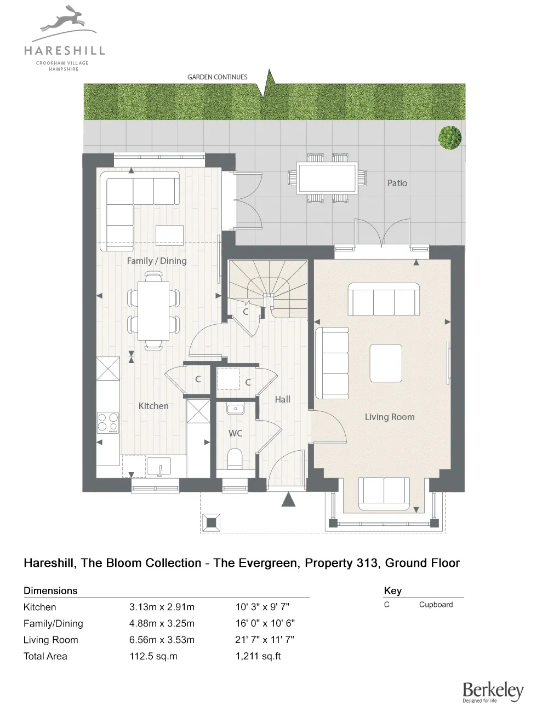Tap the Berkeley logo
[493, 691]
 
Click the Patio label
[397, 183]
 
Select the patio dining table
[327, 178]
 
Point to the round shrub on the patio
[450, 137]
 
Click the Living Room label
[390, 417]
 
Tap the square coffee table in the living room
[386, 363]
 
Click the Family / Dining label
[157, 261]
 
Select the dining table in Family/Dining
[153, 311]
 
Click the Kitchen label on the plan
[153, 406]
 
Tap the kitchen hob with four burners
[108, 423]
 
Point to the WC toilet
[235, 458]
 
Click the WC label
[235, 433]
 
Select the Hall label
[283, 399]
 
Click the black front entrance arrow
[288, 499]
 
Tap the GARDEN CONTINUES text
[218, 77]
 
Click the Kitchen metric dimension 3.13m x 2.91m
[162, 607]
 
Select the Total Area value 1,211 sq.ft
[258, 656]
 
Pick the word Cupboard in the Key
[436, 605]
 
